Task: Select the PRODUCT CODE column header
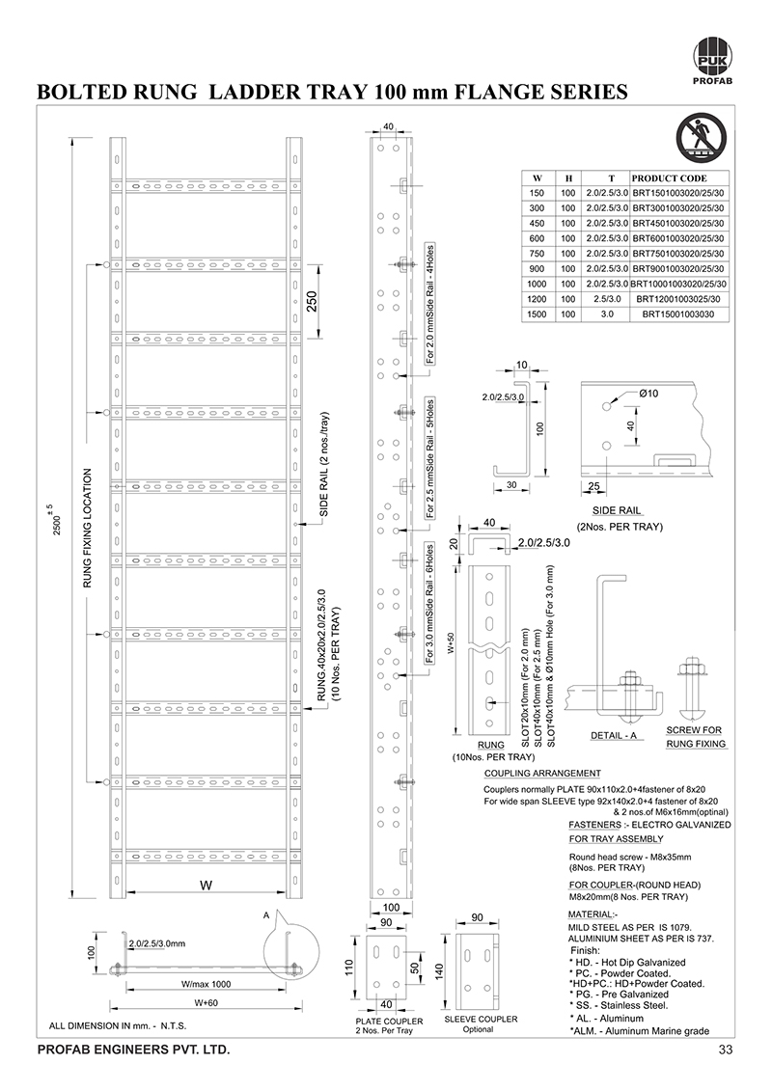[x=669, y=178]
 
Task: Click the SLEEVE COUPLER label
[x=481, y=1019]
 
